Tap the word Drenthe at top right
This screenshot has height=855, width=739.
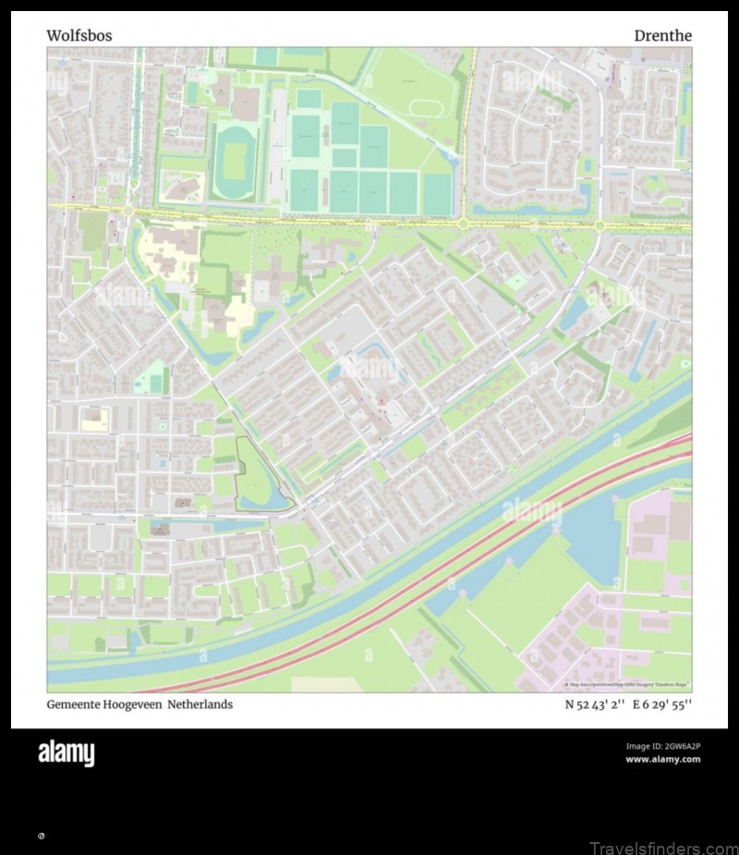[x=662, y=36]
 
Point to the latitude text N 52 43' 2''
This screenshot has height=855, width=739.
[x=595, y=704]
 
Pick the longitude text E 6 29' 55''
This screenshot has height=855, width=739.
[x=662, y=704]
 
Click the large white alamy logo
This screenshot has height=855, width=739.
[x=66, y=753]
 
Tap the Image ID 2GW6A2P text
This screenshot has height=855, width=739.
[x=662, y=746]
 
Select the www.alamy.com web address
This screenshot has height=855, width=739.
[x=662, y=760]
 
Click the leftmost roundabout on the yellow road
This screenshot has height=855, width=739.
[x=127, y=212]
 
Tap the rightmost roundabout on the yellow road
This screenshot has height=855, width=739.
[x=600, y=225]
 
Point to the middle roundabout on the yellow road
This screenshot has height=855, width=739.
[x=463, y=223]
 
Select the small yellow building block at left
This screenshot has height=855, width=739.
[x=94, y=421]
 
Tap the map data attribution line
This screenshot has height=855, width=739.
[x=628, y=685]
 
